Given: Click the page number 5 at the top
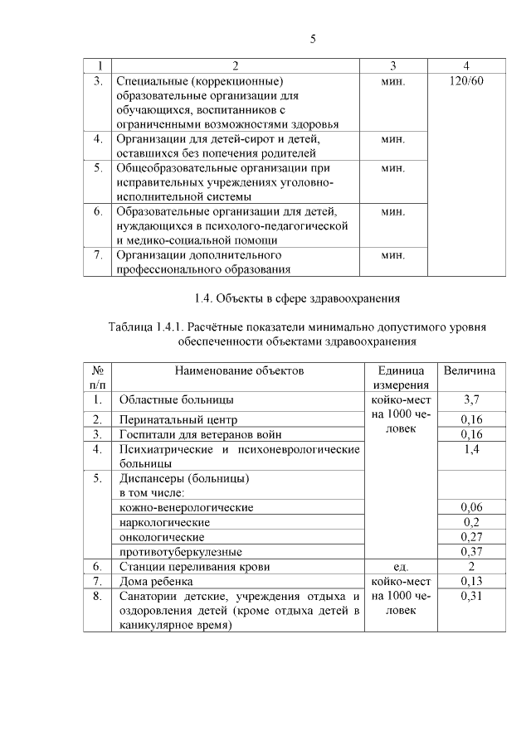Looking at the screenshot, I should (314, 39).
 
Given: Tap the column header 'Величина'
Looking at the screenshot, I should (470, 370).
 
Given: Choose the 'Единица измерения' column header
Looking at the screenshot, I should (401, 377).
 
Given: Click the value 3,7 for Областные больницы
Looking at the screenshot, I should (470, 399).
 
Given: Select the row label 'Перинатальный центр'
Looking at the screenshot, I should (178, 419).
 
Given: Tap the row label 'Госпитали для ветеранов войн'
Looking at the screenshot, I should (200, 434).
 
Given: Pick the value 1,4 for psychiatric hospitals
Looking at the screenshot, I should (470, 449).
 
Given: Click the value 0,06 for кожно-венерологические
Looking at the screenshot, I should (470, 507).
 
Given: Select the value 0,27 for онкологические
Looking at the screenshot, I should (470, 537).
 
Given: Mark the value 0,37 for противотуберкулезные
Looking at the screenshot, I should (470, 552).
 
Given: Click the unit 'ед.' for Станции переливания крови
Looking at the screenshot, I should (401, 567).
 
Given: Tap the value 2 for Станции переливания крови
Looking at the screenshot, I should (470, 567).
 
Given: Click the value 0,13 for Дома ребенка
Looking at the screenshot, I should (470, 582).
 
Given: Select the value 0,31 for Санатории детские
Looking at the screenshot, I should (470, 597).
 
